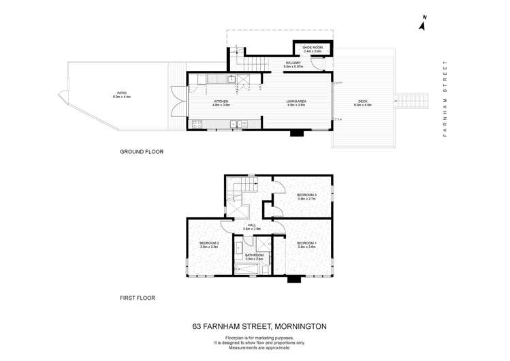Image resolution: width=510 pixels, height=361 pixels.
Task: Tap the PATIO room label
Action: (x=121, y=94)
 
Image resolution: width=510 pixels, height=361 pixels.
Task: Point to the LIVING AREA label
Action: (x=295, y=102)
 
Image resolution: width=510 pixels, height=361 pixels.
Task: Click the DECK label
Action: (x=362, y=102)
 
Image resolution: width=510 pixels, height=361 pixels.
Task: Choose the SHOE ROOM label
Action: (x=312, y=47)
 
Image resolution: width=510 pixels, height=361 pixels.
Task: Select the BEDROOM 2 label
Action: (x=208, y=243)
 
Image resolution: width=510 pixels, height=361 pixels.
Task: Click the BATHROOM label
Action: (x=254, y=255)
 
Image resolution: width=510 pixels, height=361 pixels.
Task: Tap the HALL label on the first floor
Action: (x=251, y=225)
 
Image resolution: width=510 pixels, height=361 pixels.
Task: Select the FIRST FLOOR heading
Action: (x=138, y=298)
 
